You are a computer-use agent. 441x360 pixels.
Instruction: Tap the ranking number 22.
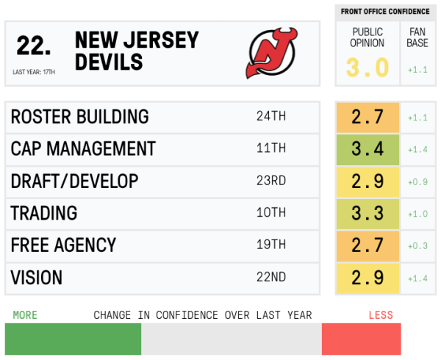click(x=34, y=46)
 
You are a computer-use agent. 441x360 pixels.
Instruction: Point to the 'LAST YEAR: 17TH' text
click(x=34, y=72)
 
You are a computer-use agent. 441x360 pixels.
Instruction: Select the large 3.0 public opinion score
click(x=367, y=68)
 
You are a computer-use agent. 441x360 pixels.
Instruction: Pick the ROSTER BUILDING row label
click(x=79, y=117)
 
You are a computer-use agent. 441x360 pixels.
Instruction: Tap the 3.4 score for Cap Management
click(x=367, y=149)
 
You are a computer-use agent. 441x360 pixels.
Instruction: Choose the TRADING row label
click(x=44, y=214)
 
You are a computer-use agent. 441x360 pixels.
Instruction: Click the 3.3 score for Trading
click(x=367, y=214)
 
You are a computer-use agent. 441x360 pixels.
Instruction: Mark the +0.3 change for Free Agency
click(x=417, y=246)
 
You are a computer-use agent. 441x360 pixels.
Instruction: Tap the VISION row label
click(x=37, y=278)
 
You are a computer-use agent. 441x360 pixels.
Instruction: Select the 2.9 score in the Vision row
click(x=367, y=278)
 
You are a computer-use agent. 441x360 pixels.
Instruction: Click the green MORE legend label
click(x=25, y=315)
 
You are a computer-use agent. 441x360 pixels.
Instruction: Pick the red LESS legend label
click(x=381, y=315)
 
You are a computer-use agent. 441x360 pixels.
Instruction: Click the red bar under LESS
click(x=361, y=339)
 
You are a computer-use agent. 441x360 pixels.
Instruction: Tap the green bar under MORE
click(x=73, y=339)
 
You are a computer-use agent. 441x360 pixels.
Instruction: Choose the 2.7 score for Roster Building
click(x=367, y=117)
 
